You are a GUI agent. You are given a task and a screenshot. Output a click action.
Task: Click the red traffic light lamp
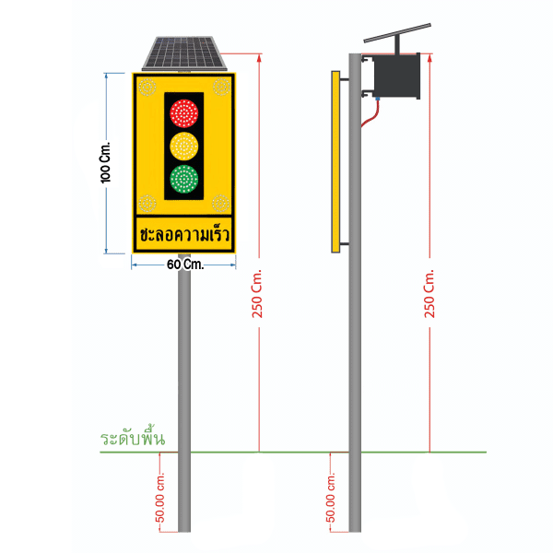point(183,113)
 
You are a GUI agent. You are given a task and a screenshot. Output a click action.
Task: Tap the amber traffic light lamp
point(183,146)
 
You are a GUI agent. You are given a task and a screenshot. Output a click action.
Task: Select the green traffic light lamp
point(183,179)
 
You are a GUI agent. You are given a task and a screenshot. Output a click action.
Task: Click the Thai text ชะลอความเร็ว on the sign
point(184,234)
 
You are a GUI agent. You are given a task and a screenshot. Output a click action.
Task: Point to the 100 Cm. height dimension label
point(105,163)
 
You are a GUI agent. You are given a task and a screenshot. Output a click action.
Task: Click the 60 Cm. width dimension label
point(185,265)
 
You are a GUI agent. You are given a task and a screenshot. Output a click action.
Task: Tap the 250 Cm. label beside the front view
point(257,294)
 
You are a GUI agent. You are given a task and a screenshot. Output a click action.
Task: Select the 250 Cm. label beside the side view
point(429,294)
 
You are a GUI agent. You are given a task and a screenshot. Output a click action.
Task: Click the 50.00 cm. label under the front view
point(159,498)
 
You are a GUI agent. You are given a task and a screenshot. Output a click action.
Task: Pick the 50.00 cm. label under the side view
point(330,498)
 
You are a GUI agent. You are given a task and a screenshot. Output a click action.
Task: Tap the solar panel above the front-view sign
point(184,53)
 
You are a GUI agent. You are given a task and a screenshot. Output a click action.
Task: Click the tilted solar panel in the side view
point(397,33)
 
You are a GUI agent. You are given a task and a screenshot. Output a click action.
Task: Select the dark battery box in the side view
point(396,76)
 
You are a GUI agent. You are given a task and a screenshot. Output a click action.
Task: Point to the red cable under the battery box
point(370,114)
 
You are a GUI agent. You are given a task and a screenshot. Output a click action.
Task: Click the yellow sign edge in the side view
point(335,162)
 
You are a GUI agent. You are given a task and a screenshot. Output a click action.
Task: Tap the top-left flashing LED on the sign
point(147,87)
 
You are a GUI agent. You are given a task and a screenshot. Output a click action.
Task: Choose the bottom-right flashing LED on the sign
point(221,203)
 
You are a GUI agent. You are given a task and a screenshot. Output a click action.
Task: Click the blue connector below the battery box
point(377,99)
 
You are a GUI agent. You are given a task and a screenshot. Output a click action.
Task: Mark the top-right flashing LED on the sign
point(221,87)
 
